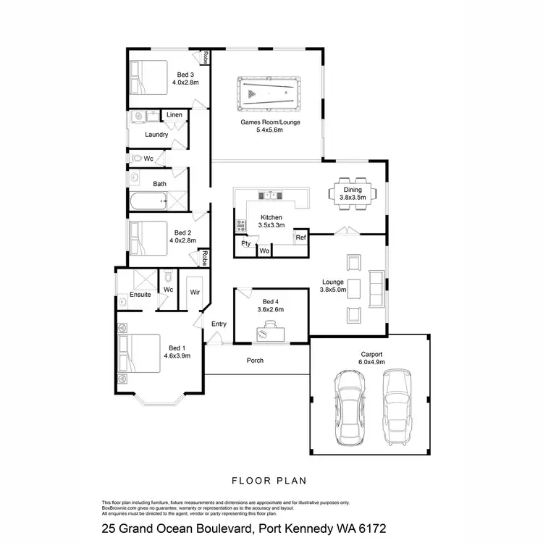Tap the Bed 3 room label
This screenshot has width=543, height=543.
point(185,74)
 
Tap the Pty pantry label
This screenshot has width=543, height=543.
point(246,244)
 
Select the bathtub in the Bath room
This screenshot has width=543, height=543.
point(148,203)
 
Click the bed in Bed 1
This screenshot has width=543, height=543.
point(140,352)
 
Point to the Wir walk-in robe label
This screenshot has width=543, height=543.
point(195,292)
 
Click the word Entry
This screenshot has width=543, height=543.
point(219,324)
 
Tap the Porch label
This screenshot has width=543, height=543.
point(255,360)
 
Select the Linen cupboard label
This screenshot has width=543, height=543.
point(174,115)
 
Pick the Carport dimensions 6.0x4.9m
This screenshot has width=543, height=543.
point(371,363)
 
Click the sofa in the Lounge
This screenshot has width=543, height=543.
point(376,287)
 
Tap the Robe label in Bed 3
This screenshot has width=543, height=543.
point(206,57)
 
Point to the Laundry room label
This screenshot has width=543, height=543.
point(156,135)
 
